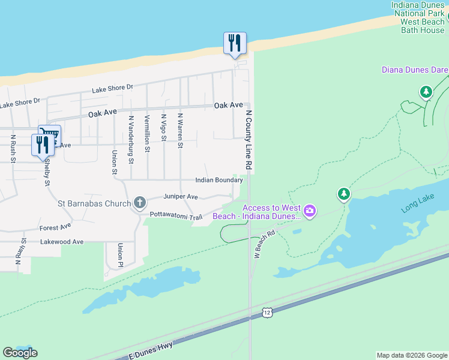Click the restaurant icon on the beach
coord(235,43)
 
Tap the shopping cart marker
coord(49,135)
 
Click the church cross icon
coord(140,203)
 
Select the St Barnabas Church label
coord(94,203)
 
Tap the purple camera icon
coord(310,210)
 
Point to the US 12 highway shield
coord(267,313)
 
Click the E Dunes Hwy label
coord(151,350)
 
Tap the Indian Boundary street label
coord(218,180)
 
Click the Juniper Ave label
coord(181,197)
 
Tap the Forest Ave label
coord(55,227)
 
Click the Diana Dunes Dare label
coord(415,70)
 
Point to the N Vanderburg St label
coord(131,139)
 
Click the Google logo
coord(20,352)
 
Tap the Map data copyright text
coord(412,355)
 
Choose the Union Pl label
coord(121,255)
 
